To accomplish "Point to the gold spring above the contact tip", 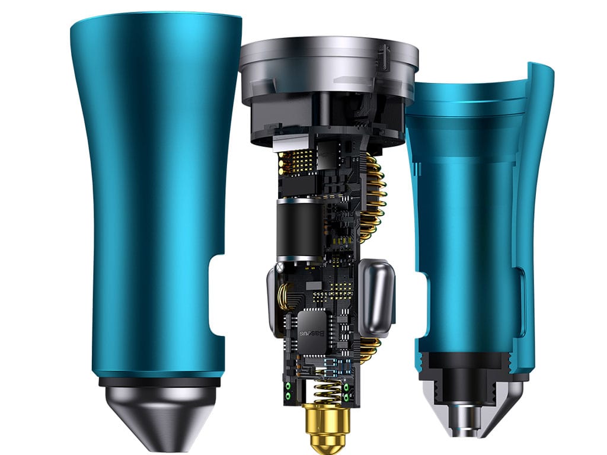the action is (328, 387).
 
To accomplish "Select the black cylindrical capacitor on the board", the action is (299, 230).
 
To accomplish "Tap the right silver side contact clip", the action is (376, 296).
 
